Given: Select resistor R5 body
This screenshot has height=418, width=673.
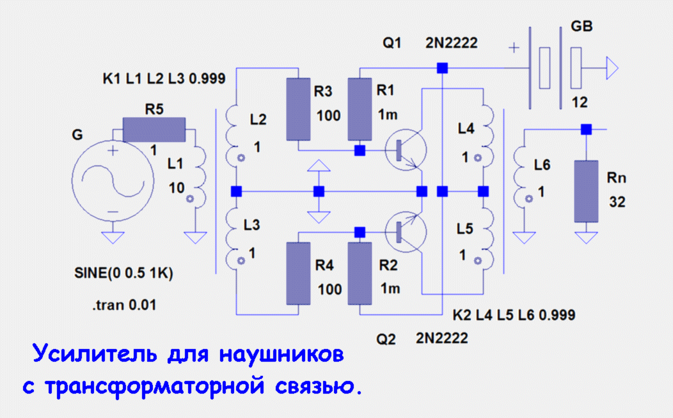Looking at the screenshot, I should click(154, 130).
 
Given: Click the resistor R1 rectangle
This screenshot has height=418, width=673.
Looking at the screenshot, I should click(360, 109).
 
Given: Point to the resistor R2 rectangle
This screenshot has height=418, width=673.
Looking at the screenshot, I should click(360, 273).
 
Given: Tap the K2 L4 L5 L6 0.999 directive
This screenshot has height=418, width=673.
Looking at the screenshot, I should click(513, 315).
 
